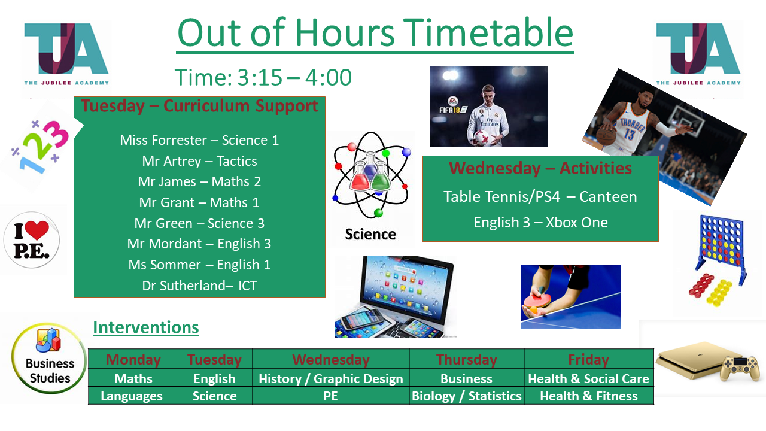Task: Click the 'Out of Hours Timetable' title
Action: (x=375, y=33)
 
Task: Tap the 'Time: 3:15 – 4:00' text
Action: (x=263, y=77)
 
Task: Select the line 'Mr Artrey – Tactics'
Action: (x=199, y=161)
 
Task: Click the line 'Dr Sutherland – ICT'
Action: (x=199, y=286)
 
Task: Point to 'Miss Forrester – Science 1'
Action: (x=199, y=140)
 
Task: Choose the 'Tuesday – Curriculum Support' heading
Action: (x=199, y=106)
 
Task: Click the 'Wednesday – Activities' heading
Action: (x=540, y=168)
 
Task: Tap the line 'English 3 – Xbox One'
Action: (x=540, y=223)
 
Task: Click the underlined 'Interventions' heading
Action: (x=146, y=327)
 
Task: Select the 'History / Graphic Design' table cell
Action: (x=331, y=379)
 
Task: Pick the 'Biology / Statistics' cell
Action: (x=466, y=396)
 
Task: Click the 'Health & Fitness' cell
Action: (x=588, y=396)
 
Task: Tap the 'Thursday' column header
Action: (x=466, y=360)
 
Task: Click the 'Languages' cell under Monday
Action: (x=132, y=396)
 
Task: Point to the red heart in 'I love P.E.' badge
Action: (x=37, y=229)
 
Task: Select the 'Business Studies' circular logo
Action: (x=49, y=359)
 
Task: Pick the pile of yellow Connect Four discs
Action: (x=719, y=292)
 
